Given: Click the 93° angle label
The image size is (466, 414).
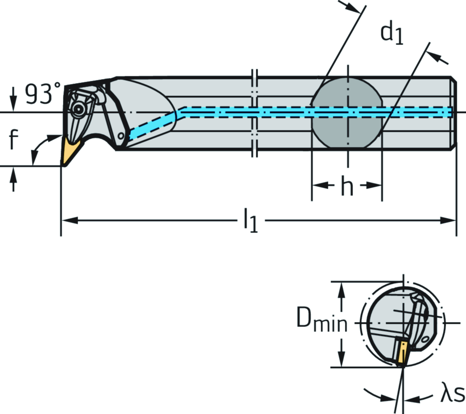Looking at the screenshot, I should point(42,94).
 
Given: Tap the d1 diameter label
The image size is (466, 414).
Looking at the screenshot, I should point(392,34).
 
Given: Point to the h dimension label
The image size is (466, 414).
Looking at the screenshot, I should point(347,187).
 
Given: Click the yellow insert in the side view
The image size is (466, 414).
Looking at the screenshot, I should point(71,151).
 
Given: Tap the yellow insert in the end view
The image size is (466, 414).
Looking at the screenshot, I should point(402,352).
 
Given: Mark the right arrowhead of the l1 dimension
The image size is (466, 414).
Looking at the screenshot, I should point(450,221).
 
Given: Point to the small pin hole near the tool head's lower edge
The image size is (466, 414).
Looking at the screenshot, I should point(121,136).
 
